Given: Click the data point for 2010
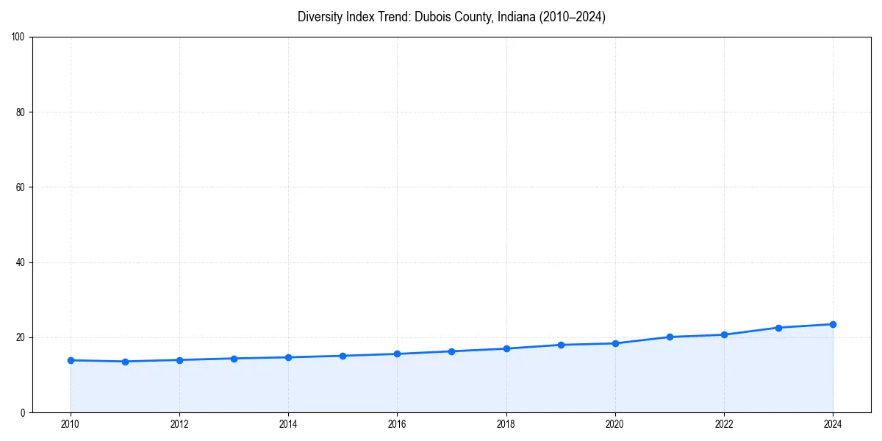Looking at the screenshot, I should [x=71, y=360].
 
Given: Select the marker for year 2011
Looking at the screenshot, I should [x=125, y=362].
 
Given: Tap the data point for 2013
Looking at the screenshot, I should [x=234, y=359].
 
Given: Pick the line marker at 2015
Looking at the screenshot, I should [x=343, y=356].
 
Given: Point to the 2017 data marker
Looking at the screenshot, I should [x=451, y=351].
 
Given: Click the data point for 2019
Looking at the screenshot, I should [x=561, y=345].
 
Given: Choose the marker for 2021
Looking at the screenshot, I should [x=670, y=337].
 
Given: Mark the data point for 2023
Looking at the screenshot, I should [x=778, y=328].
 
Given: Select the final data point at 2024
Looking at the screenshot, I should [x=833, y=324].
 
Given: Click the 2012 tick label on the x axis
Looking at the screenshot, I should [x=179, y=423].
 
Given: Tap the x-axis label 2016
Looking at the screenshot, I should [x=397, y=423].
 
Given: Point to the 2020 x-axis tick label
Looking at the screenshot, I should [x=615, y=423].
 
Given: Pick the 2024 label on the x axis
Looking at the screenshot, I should [x=833, y=423].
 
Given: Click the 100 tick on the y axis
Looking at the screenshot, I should [x=19, y=37].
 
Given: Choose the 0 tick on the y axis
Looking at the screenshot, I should [x=24, y=412].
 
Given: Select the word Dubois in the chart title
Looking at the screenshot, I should [x=415, y=17].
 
